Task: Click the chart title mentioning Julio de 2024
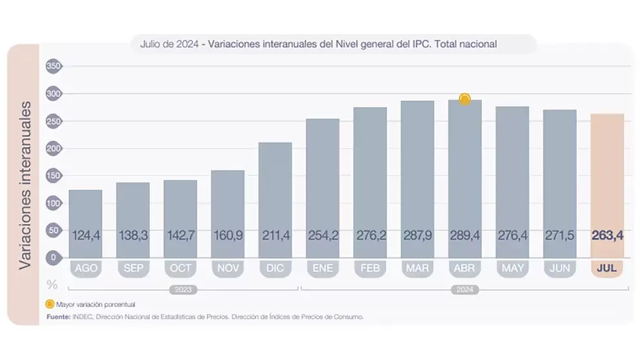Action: click(x=318, y=45)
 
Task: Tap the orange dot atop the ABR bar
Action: click(x=465, y=99)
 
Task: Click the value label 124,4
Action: click(x=85, y=235)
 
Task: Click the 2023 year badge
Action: click(x=183, y=290)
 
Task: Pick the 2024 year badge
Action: click(x=464, y=290)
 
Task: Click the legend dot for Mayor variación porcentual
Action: click(x=50, y=304)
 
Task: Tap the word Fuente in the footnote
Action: click(x=59, y=317)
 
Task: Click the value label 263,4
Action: click(x=607, y=235)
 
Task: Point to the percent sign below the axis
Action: click(x=52, y=285)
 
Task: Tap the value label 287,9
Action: click(x=417, y=235)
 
